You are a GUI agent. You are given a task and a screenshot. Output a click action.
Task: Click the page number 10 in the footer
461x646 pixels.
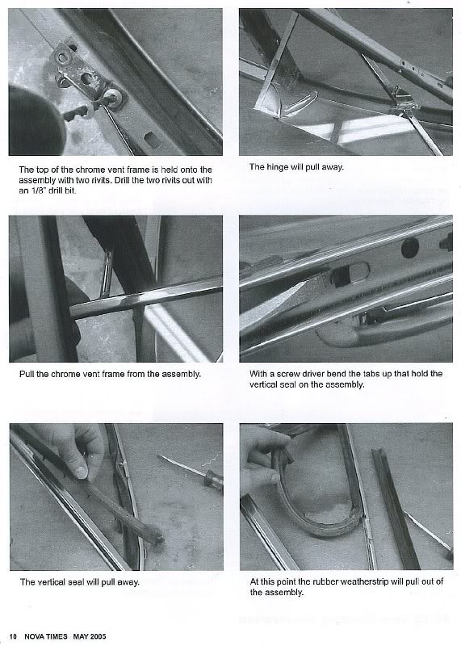tap(13, 636)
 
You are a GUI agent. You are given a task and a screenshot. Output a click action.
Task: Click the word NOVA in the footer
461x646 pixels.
tap(35, 636)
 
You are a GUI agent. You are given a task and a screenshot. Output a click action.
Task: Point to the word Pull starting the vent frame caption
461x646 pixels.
tap(27, 374)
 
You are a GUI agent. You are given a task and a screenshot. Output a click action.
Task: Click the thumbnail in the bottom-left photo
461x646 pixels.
tap(81, 472)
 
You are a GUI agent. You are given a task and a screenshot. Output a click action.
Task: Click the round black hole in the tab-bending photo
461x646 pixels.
tap(410, 248)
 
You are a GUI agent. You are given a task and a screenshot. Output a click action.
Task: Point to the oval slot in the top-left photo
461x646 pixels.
tap(153, 139)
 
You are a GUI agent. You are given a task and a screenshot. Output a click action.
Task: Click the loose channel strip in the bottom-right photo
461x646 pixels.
tap(396, 509)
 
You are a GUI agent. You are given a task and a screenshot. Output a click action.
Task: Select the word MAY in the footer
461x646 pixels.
tap(80, 636)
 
